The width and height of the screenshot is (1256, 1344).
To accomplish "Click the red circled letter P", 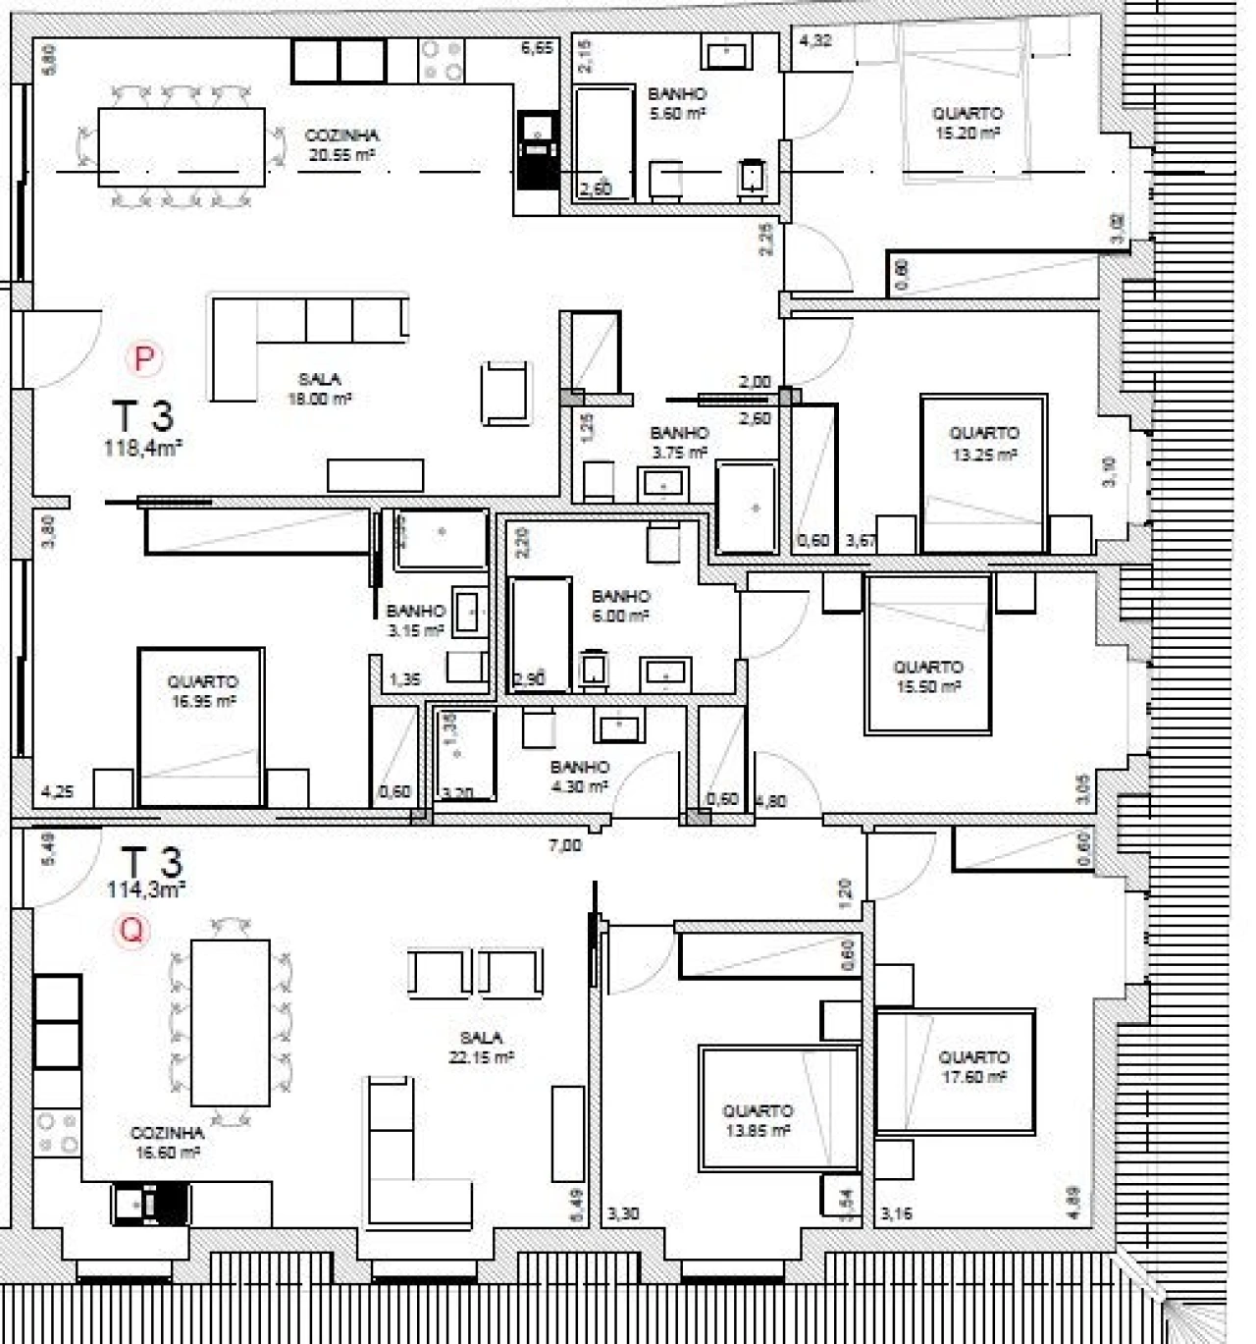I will point(144,359).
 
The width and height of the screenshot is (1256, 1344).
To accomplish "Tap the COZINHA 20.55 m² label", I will point(341,144).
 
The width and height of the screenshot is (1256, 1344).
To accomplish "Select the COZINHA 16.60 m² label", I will point(167,1142).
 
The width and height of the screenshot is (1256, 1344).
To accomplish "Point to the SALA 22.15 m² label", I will point(481,1047).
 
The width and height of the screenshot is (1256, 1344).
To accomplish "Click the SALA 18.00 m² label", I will point(320,389).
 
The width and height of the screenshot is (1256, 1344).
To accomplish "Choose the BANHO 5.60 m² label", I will point(677,103).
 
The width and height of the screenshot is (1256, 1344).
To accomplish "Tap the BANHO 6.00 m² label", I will point(620,606).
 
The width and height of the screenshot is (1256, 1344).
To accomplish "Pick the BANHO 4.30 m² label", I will point(579,776).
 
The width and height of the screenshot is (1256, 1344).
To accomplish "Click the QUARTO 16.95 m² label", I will point(202,691).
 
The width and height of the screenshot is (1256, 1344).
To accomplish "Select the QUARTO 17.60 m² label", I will point(973,1066).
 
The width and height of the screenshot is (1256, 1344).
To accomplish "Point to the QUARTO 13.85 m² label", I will point(758,1120).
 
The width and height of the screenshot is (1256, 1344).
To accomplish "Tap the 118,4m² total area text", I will point(143,449).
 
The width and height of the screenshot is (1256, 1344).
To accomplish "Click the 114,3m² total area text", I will point(146,889).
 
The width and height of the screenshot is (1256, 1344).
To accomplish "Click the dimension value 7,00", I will point(564,844).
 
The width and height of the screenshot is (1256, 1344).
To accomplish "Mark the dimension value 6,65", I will point(537,47).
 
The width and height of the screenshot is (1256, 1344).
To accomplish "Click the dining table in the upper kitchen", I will point(182,146).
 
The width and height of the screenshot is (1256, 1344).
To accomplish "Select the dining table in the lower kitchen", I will point(230,1022).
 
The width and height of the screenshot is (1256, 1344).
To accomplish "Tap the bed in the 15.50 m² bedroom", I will point(927,653).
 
